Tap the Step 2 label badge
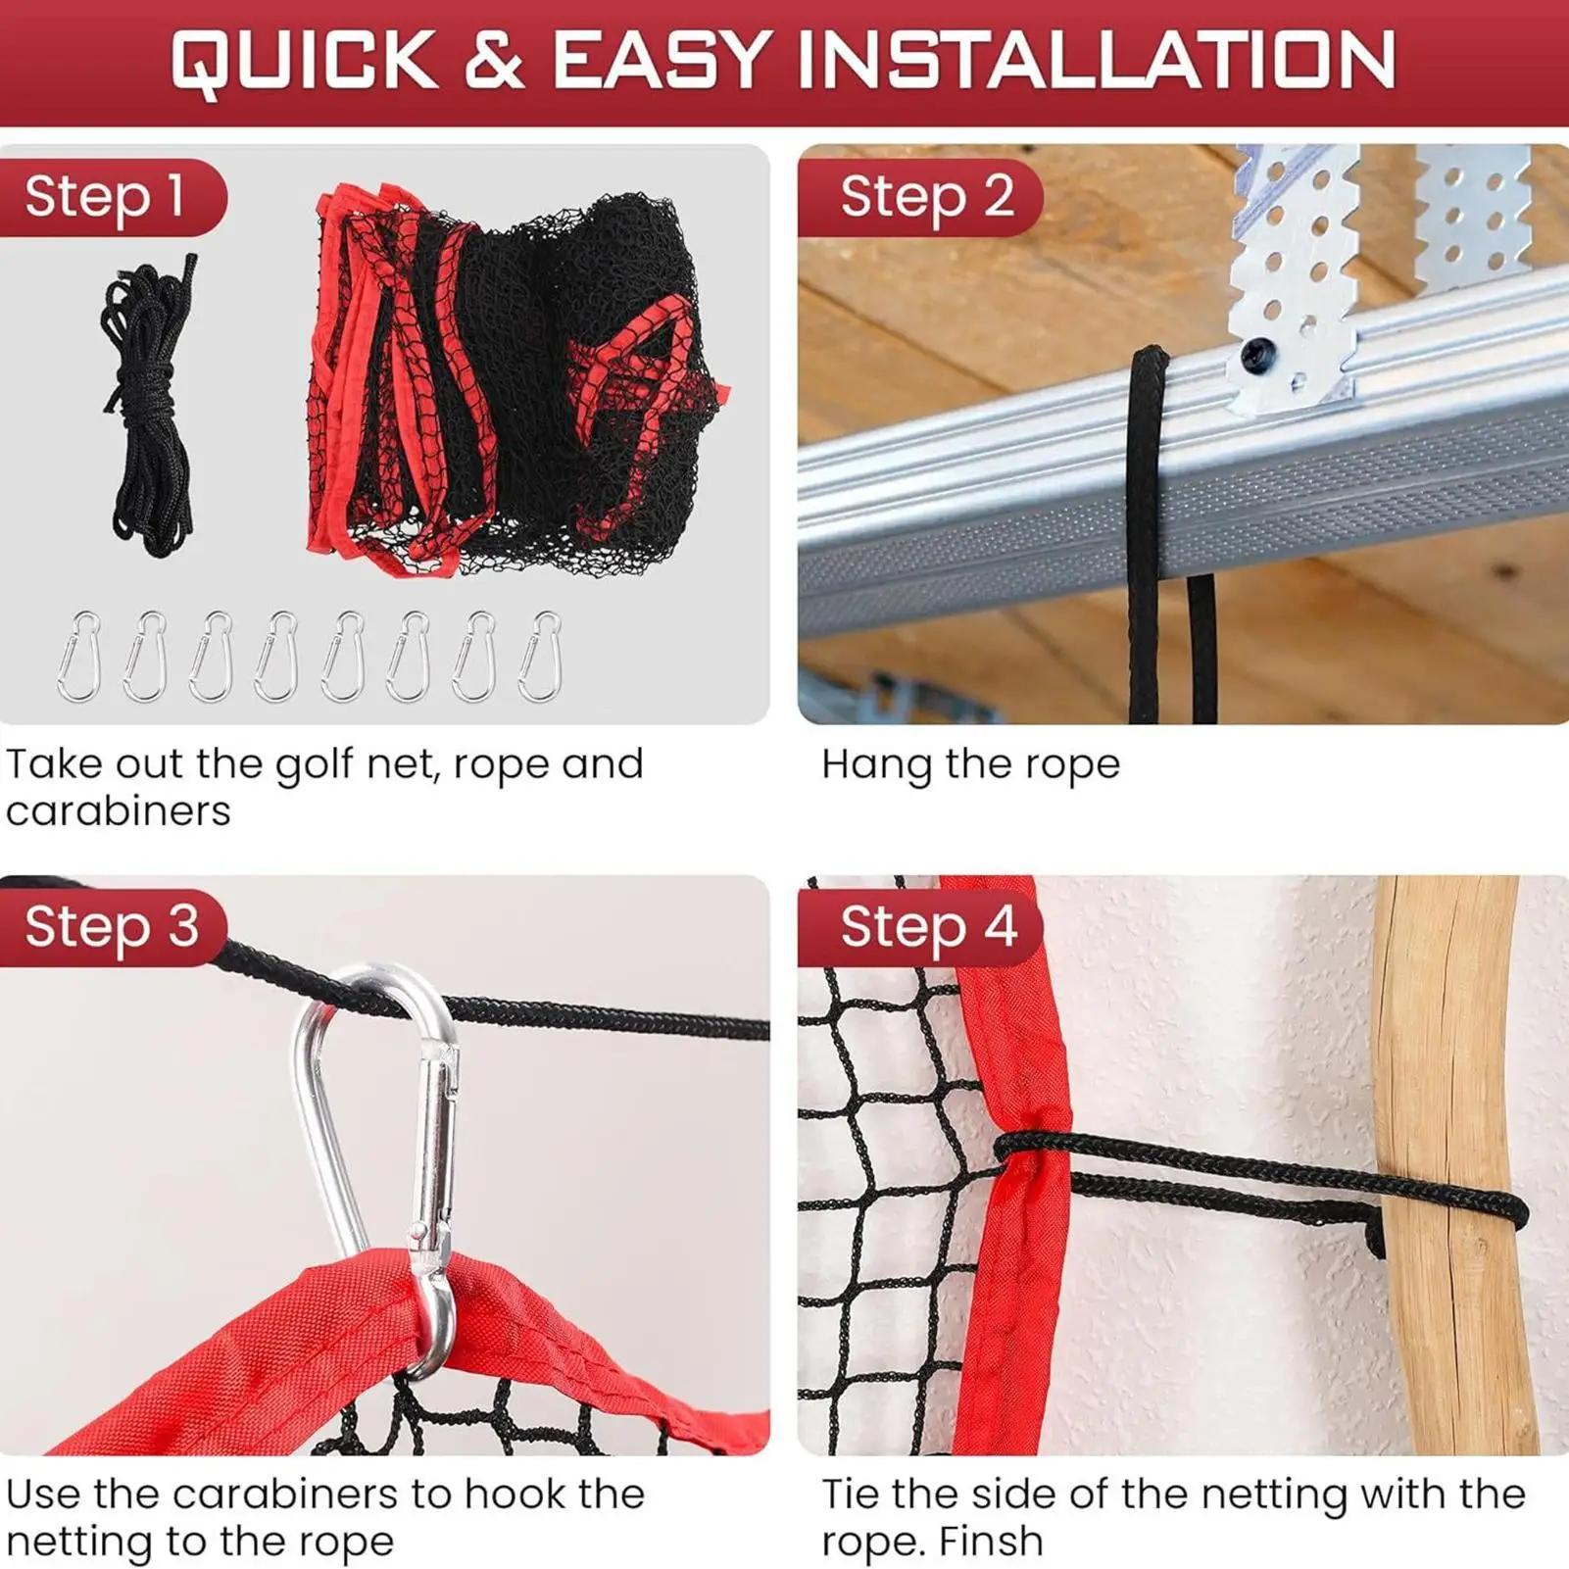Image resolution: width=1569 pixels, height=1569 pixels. click(925, 197)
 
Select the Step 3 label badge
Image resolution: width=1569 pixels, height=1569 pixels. click(111, 927)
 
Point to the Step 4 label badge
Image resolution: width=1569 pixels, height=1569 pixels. click(927, 927)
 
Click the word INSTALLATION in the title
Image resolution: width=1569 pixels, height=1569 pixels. click(1097, 61)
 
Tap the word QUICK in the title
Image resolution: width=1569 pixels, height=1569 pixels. click(304, 61)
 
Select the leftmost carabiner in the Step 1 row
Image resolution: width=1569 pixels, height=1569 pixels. click(79, 656)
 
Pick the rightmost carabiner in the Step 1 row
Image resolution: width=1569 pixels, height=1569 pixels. click(540, 656)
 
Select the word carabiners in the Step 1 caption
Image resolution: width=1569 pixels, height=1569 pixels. click(119, 811)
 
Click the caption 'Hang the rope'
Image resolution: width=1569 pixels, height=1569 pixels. click(970, 764)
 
